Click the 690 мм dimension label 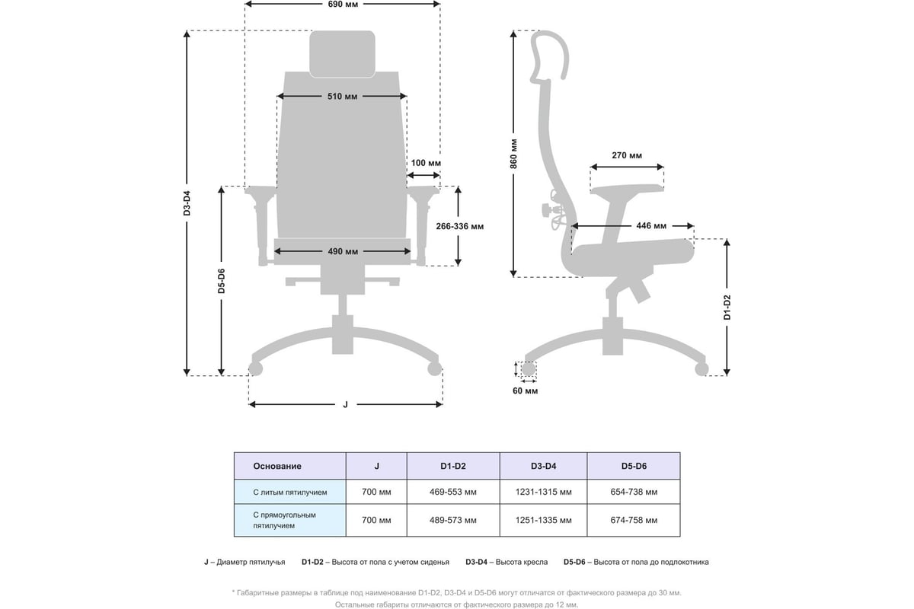tap(342, 5)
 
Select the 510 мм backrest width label tap(342, 97)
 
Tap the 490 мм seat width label tap(343, 251)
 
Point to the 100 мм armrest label tap(426, 163)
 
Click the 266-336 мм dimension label tap(459, 226)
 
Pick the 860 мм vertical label tap(514, 154)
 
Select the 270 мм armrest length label tap(626, 155)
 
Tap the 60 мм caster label tap(526, 391)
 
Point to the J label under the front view tap(345, 404)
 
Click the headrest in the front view tap(342, 53)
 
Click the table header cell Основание tap(277, 466)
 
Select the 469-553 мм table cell tap(453, 493)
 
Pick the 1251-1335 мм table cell tap(543, 521)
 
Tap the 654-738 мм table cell tap(634, 493)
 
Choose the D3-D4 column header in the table tap(543, 466)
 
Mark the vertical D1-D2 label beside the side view tap(727, 306)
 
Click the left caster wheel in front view tap(256, 369)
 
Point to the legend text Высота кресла tap(521, 563)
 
